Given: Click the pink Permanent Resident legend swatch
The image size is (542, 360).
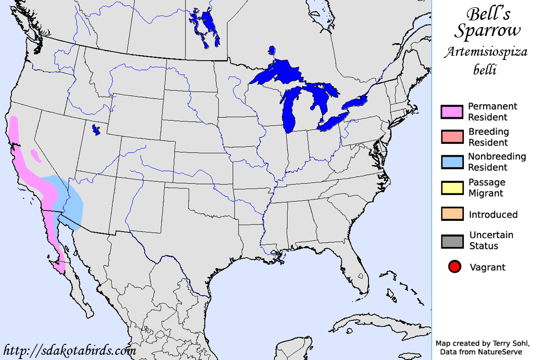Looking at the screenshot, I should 452,111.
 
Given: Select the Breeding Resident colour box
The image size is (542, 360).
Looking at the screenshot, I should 452,137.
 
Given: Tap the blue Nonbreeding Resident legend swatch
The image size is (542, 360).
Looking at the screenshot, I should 452,162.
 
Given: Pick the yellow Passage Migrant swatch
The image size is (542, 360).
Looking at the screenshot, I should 452,188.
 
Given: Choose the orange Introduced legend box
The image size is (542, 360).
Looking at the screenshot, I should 452,214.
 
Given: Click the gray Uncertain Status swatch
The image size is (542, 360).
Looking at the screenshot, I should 452,241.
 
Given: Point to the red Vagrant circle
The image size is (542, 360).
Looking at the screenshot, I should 454,267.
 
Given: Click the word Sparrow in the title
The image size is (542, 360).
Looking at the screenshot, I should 487,31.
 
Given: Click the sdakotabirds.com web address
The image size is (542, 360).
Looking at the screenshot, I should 70,350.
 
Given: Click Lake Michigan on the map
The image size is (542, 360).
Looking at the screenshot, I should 289,115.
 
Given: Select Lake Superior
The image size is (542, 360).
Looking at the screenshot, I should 276,73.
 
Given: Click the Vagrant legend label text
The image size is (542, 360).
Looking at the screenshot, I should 487,267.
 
